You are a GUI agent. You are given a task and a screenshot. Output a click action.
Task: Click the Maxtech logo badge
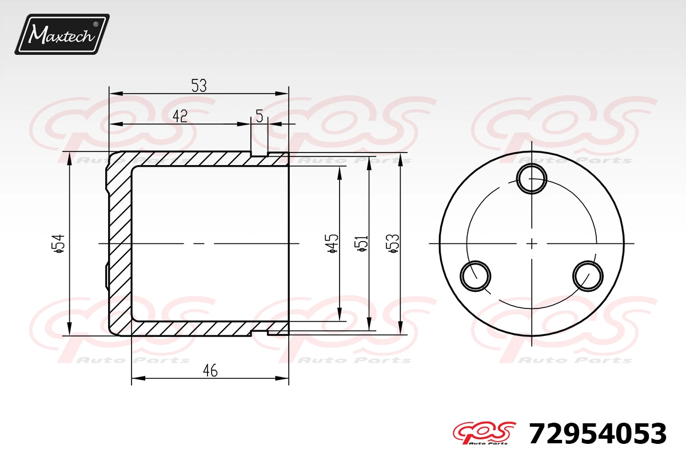(62, 34)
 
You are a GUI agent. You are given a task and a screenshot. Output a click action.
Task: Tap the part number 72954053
(597, 434)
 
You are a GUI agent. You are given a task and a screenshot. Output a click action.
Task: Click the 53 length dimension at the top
(199, 86)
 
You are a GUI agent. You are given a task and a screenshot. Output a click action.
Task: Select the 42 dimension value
(180, 116)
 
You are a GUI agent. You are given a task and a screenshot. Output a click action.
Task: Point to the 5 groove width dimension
(260, 116)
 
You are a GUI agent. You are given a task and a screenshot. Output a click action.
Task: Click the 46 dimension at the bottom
(210, 371)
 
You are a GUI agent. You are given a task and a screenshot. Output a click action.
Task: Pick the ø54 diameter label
(58, 244)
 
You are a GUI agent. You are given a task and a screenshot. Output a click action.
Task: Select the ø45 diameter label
(333, 244)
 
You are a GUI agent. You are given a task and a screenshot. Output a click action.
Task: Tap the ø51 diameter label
(362, 244)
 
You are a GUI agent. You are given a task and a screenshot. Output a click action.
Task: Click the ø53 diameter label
(393, 244)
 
